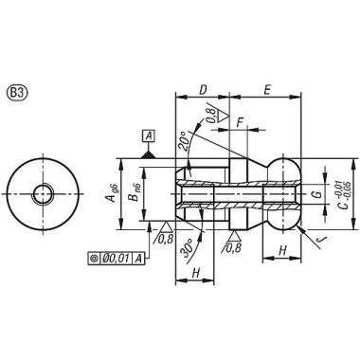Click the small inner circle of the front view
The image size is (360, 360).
tap(44, 194)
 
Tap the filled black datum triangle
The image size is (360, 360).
tap(147, 153)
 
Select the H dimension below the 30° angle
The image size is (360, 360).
tap(194, 271)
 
